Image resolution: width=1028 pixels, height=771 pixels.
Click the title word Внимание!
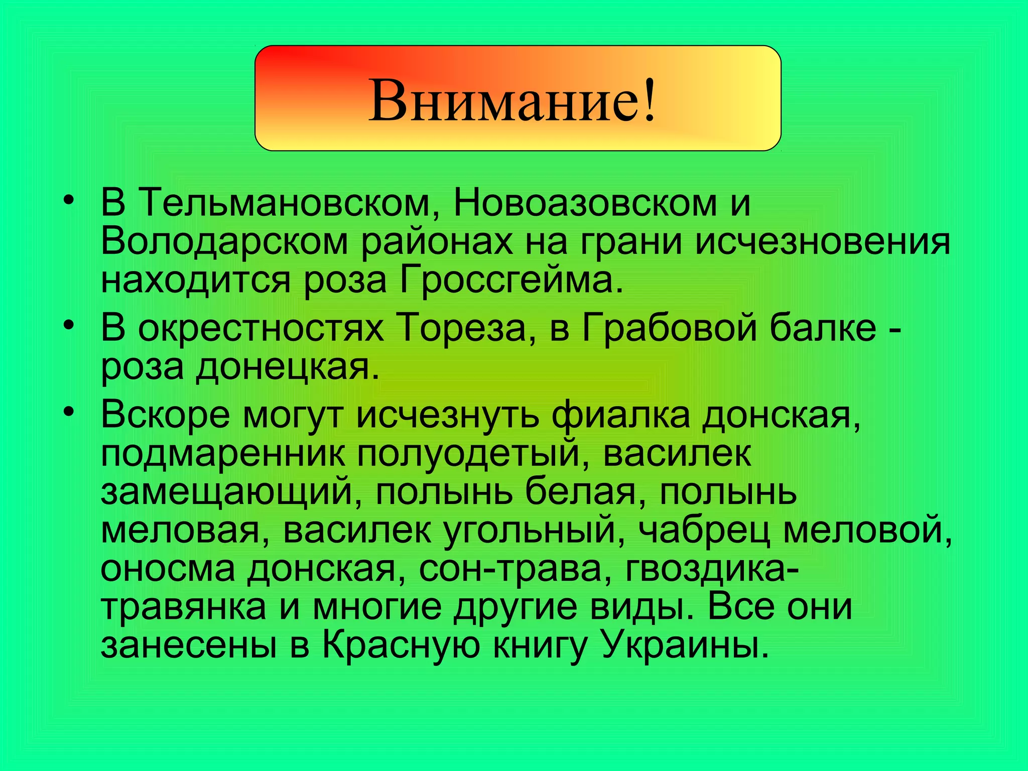pyautogui.click(x=512, y=100)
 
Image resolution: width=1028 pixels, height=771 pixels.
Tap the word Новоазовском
pyautogui.click(x=585, y=203)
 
